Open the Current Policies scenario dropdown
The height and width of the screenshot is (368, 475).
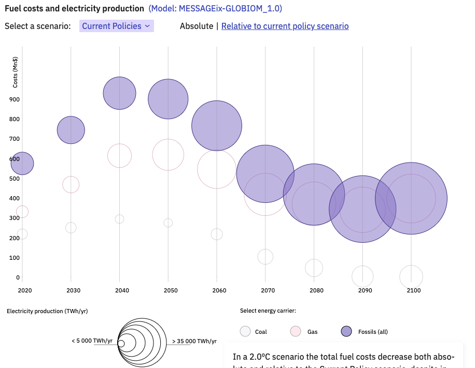(x=116, y=26)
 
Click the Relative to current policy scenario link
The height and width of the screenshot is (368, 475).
(x=285, y=26)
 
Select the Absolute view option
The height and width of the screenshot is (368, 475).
(x=196, y=26)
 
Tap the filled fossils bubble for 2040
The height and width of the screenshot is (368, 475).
(x=120, y=93)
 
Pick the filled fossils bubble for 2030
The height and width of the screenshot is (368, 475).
(x=71, y=130)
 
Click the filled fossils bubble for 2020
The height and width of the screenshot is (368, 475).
(x=22, y=164)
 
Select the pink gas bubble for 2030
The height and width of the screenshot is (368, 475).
(x=71, y=184)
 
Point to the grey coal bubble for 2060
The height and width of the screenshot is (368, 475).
(x=217, y=234)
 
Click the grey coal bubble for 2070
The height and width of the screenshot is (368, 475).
(x=265, y=256)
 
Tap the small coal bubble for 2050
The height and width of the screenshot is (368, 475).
(x=168, y=223)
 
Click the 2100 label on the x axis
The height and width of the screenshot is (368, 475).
(x=413, y=290)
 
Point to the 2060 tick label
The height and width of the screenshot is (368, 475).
(x=219, y=290)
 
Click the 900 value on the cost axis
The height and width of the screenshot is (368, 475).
(x=14, y=99)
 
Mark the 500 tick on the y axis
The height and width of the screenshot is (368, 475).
(x=14, y=179)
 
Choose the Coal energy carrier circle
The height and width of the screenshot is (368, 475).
(x=246, y=331)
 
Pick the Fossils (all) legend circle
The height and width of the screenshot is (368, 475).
(x=346, y=331)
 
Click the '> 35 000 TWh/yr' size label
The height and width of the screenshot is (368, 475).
(x=194, y=341)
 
